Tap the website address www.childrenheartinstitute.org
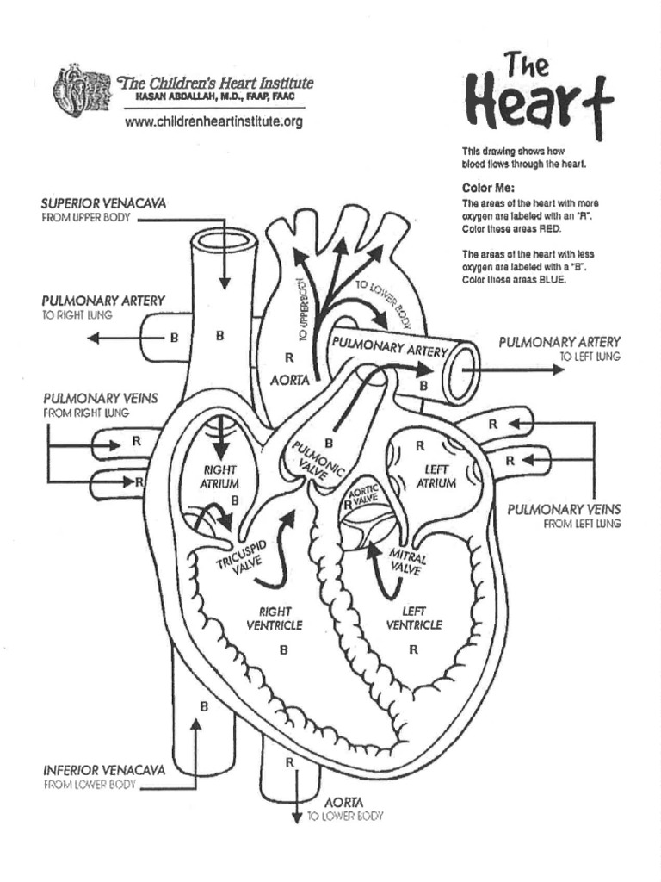[214, 122]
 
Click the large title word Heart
[538, 101]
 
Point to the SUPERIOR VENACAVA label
[103, 203]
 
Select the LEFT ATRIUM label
[437, 476]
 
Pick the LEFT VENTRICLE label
[414, 618]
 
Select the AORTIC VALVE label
[361, 498]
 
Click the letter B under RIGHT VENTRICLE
[283, 650]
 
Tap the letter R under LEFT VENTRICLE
[413, 650]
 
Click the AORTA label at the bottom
[343, 802]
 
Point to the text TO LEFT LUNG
[590, 357]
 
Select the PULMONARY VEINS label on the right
[564, 509]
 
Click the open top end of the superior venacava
[224, 240]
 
